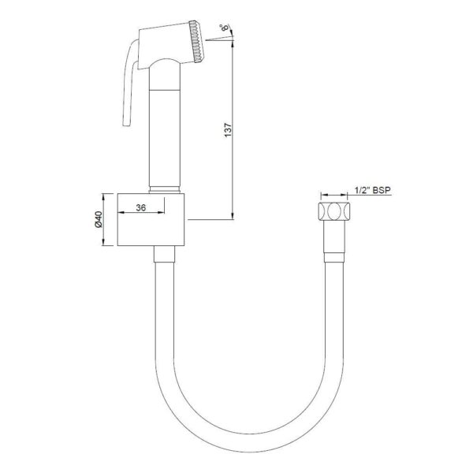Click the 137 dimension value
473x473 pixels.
(229, 130)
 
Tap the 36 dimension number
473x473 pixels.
(141, 207)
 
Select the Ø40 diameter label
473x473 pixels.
(99, 219)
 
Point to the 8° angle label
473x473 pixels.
(225, 28)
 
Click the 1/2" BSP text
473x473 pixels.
(372, 190)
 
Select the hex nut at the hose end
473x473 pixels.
(334, 211)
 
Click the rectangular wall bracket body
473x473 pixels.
(151, 220)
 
